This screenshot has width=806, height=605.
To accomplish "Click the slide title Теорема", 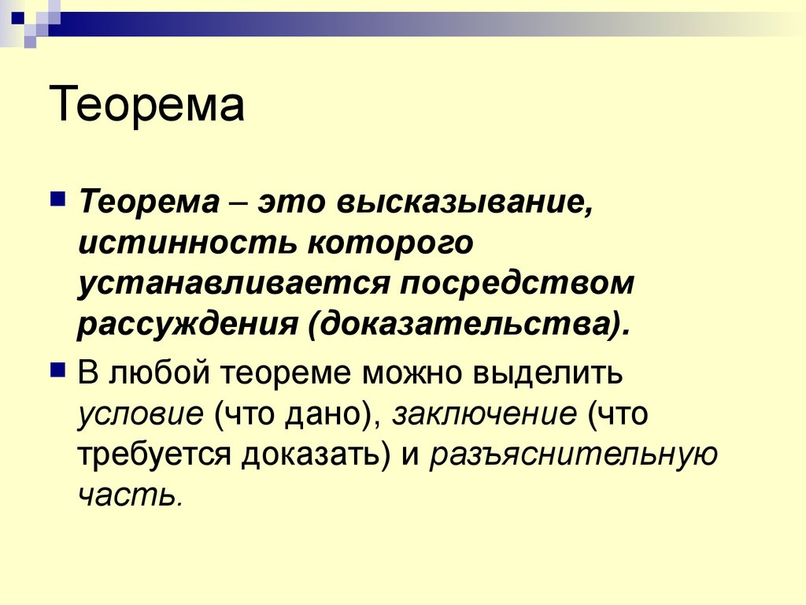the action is click(x=147, y=105).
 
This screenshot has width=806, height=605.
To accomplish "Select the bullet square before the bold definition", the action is click(x=58, y=198).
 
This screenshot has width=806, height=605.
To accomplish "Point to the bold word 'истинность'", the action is click(x=187, y=243).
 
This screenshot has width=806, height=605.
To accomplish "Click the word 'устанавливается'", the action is click(x=233, y=284).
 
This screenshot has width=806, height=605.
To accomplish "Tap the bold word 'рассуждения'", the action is click(x=187, y=325).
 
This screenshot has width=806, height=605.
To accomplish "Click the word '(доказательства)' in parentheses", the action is click(x=469, y=325).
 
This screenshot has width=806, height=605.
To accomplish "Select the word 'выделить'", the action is click(x=548, y=373).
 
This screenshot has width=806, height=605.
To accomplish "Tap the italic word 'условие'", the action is click(x=141, y=414).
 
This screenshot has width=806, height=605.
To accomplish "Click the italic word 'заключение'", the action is click(x=485, y=414).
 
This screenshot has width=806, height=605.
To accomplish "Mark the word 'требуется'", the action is click(x=155, y=455).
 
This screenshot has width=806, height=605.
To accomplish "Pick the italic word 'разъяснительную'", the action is click(x=573, y=455).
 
